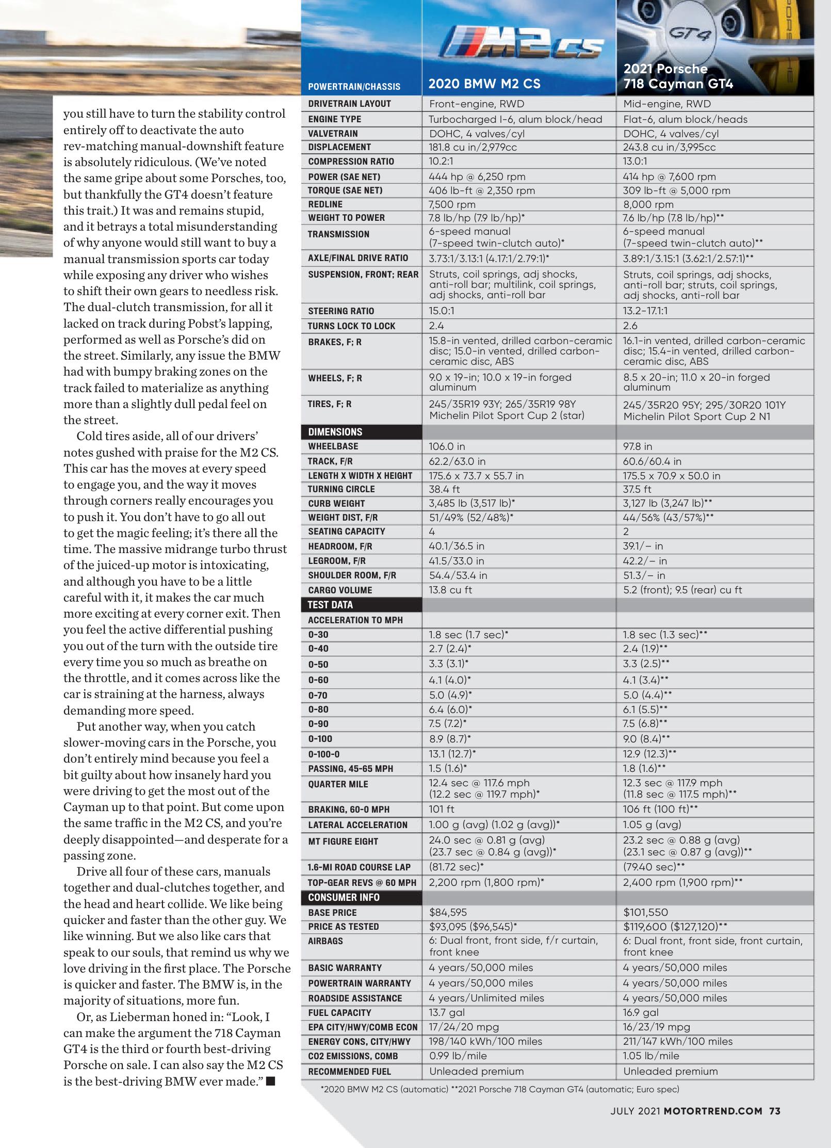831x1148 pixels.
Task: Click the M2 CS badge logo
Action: (523, 49)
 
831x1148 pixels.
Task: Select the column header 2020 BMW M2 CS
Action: (484, 84)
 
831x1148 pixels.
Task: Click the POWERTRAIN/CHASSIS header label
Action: (354, 87)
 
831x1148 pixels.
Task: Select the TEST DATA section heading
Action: (330, 605)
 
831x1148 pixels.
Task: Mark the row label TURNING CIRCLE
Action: (341, 489)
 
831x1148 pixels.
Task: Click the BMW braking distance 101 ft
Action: (442, 810)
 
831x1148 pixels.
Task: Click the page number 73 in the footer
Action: (774, 1111)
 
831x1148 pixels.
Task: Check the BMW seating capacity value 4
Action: (432, 531)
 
